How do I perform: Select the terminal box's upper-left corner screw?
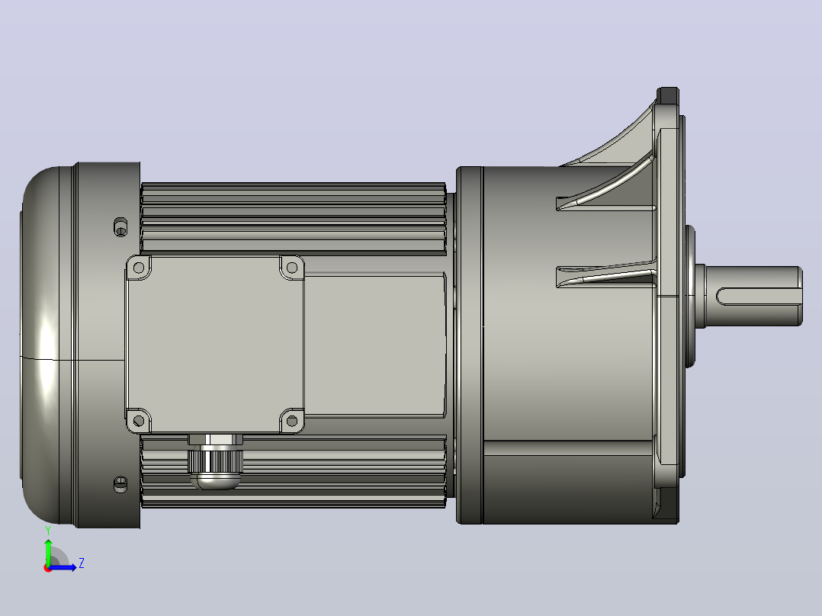(139, 268)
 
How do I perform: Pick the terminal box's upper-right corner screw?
(292, 268)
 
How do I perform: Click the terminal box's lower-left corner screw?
(139, 421)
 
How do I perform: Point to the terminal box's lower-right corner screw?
(292, 421)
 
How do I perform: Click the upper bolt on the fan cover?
(120, 227)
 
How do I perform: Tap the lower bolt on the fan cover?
(120, 484)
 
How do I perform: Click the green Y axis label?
(48, 531)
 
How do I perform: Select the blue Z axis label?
(82, 563)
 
